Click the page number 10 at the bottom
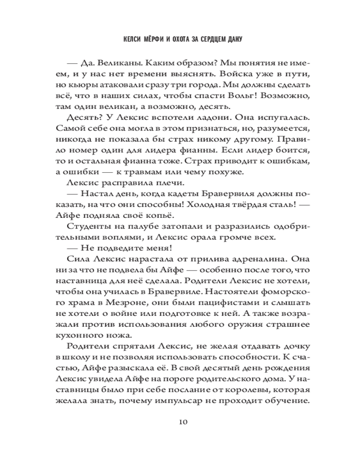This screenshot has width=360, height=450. [182, 422]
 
